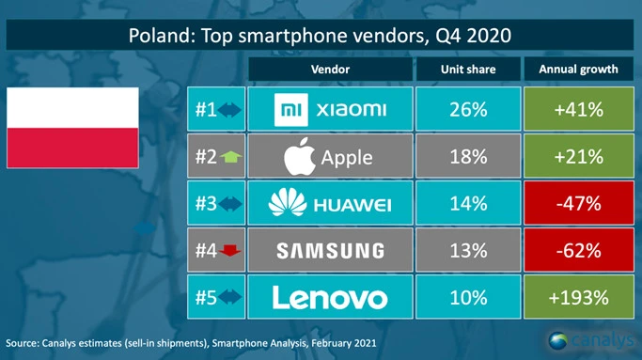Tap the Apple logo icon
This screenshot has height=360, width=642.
tap(300, 157)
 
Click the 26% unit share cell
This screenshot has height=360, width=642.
tap(468, 110)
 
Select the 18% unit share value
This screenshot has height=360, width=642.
tap(468, 157)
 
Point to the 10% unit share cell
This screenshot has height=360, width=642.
tap(468, 298)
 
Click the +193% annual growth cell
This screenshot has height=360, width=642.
tap(578, 298)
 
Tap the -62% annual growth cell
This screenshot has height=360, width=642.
tap(578, 251)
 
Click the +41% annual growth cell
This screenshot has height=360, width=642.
tap(578, 110)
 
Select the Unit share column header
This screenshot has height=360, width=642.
tap(468, 69)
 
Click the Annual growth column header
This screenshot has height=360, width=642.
tap(578, 69)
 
